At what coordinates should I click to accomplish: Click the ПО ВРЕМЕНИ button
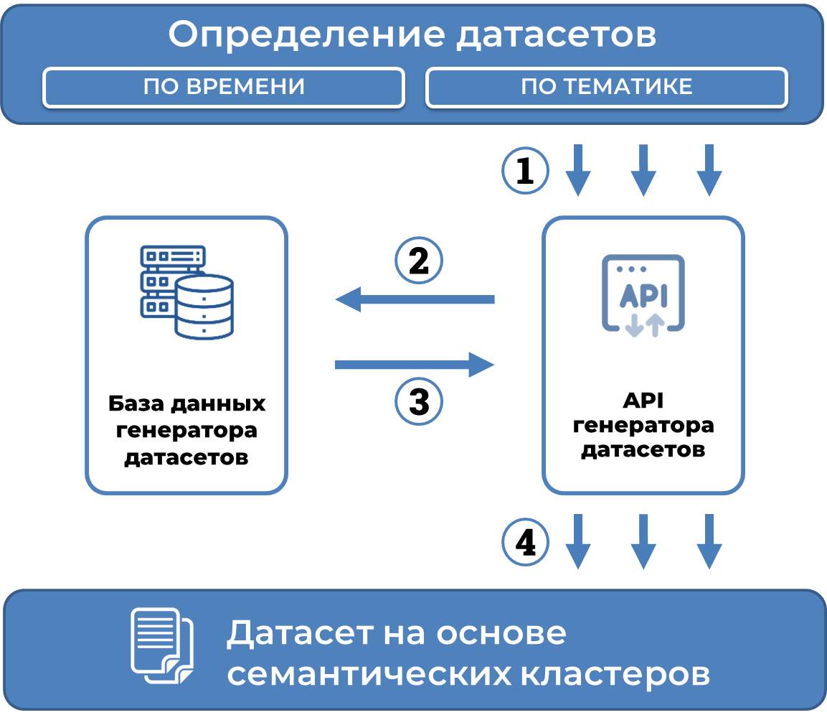pos(224,88)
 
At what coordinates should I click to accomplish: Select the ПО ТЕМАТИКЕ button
pos(606,88)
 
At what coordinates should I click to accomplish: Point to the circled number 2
pos(419,261)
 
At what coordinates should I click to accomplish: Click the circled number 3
pos(419,401)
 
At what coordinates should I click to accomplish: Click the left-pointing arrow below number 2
pos(415,298)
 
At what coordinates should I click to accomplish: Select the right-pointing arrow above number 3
pos(415,365)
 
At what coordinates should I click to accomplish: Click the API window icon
pos(643,294)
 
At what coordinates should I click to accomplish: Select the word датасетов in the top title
pos(557,34)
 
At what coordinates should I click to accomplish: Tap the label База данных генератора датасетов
pos(186,430)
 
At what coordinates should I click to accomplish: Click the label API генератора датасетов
pos(643,424)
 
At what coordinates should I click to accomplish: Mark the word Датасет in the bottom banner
pos(301,634)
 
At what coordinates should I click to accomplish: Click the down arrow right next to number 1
pos(578,170)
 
